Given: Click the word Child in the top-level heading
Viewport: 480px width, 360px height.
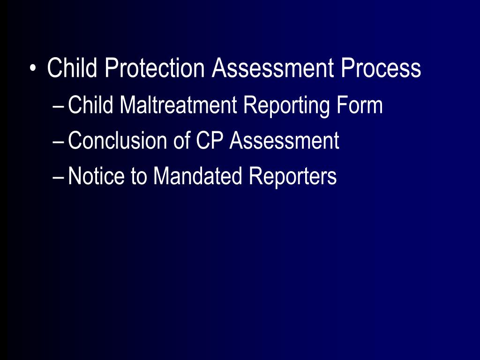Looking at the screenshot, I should click(73, 68).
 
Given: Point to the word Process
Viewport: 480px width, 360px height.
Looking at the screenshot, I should click(381, 68).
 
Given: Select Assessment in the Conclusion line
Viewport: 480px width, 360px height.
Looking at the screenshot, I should click(284, 141).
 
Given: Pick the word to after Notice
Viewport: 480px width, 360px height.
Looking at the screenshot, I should click(139, 176).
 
